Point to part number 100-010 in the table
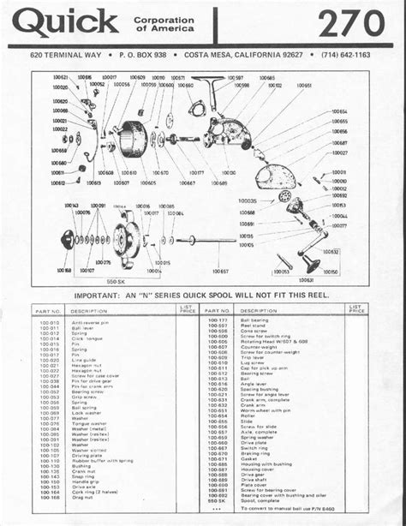[49, 322]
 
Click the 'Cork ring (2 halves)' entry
[94, 493]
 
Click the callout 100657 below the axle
[219, 271]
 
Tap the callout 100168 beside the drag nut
[63, 270]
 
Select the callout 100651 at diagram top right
[303, 87]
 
